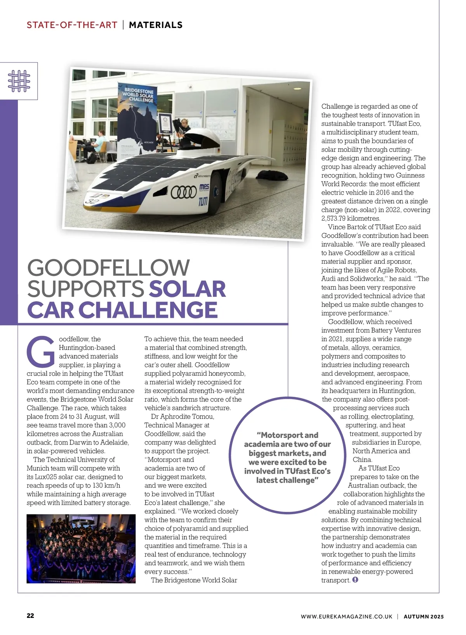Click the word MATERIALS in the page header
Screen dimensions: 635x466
point(155,25)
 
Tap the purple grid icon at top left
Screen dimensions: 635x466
point(19,81)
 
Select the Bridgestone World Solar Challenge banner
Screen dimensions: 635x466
point(138,113)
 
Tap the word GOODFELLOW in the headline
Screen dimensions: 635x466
point(108,268)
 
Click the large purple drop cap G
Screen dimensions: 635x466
point(41,352)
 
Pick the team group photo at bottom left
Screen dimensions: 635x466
point(81,548)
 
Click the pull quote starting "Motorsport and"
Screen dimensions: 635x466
point(287,457)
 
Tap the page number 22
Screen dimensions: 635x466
point(30,616)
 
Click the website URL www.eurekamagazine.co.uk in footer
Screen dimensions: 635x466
point(346,616)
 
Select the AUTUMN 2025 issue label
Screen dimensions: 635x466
point(423,616)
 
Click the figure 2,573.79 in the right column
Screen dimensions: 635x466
point(337,218)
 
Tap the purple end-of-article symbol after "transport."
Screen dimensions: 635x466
point(355,580)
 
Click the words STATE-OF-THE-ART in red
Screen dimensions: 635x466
point(72,25)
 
